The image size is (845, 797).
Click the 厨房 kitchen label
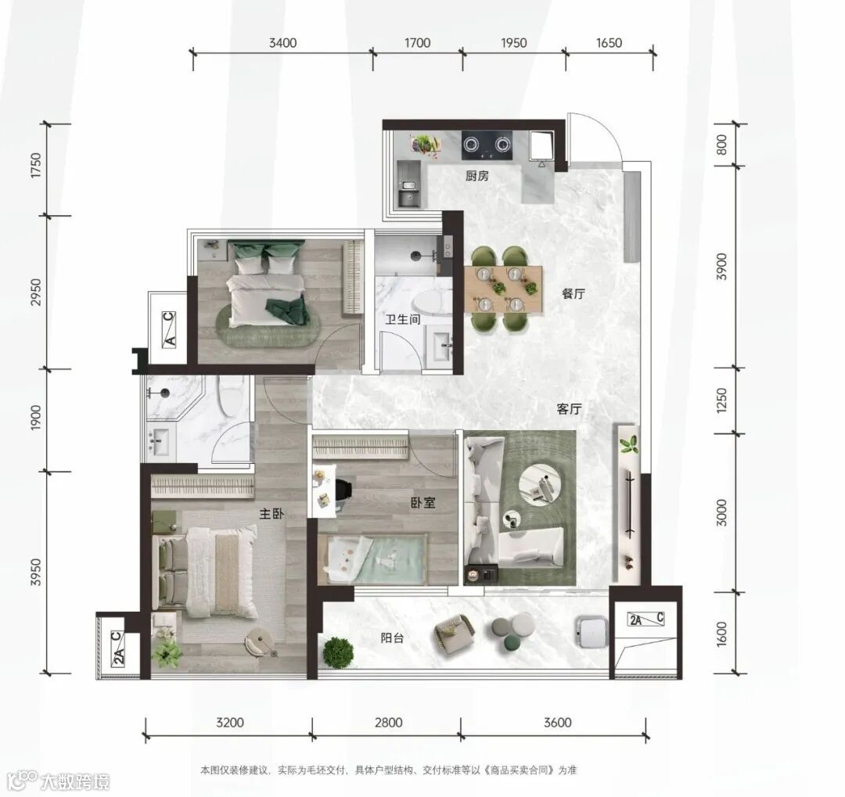click(x=477, y=176)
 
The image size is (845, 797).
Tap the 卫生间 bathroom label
click(x=403, y=320)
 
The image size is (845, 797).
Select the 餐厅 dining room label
click(x=573, y=294)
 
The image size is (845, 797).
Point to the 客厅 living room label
click(x=569, y=410)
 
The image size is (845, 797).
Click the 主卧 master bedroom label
click(x=271, y=514)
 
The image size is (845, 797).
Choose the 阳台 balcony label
click(x=392, y=638)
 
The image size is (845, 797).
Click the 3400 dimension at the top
click(x=283, y=42)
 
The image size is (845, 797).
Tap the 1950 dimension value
click(x=513, y=42)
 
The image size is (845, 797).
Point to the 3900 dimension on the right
click(x=722, y=266)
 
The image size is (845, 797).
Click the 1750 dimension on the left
click(x=35, y=166)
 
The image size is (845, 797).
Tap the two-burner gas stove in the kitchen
click(x=487, y=145)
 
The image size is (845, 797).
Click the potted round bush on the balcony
click(x=339, y=652)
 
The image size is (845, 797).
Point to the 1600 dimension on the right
click(x=722, y=634)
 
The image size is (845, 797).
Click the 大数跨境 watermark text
click(x=75, y=781)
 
